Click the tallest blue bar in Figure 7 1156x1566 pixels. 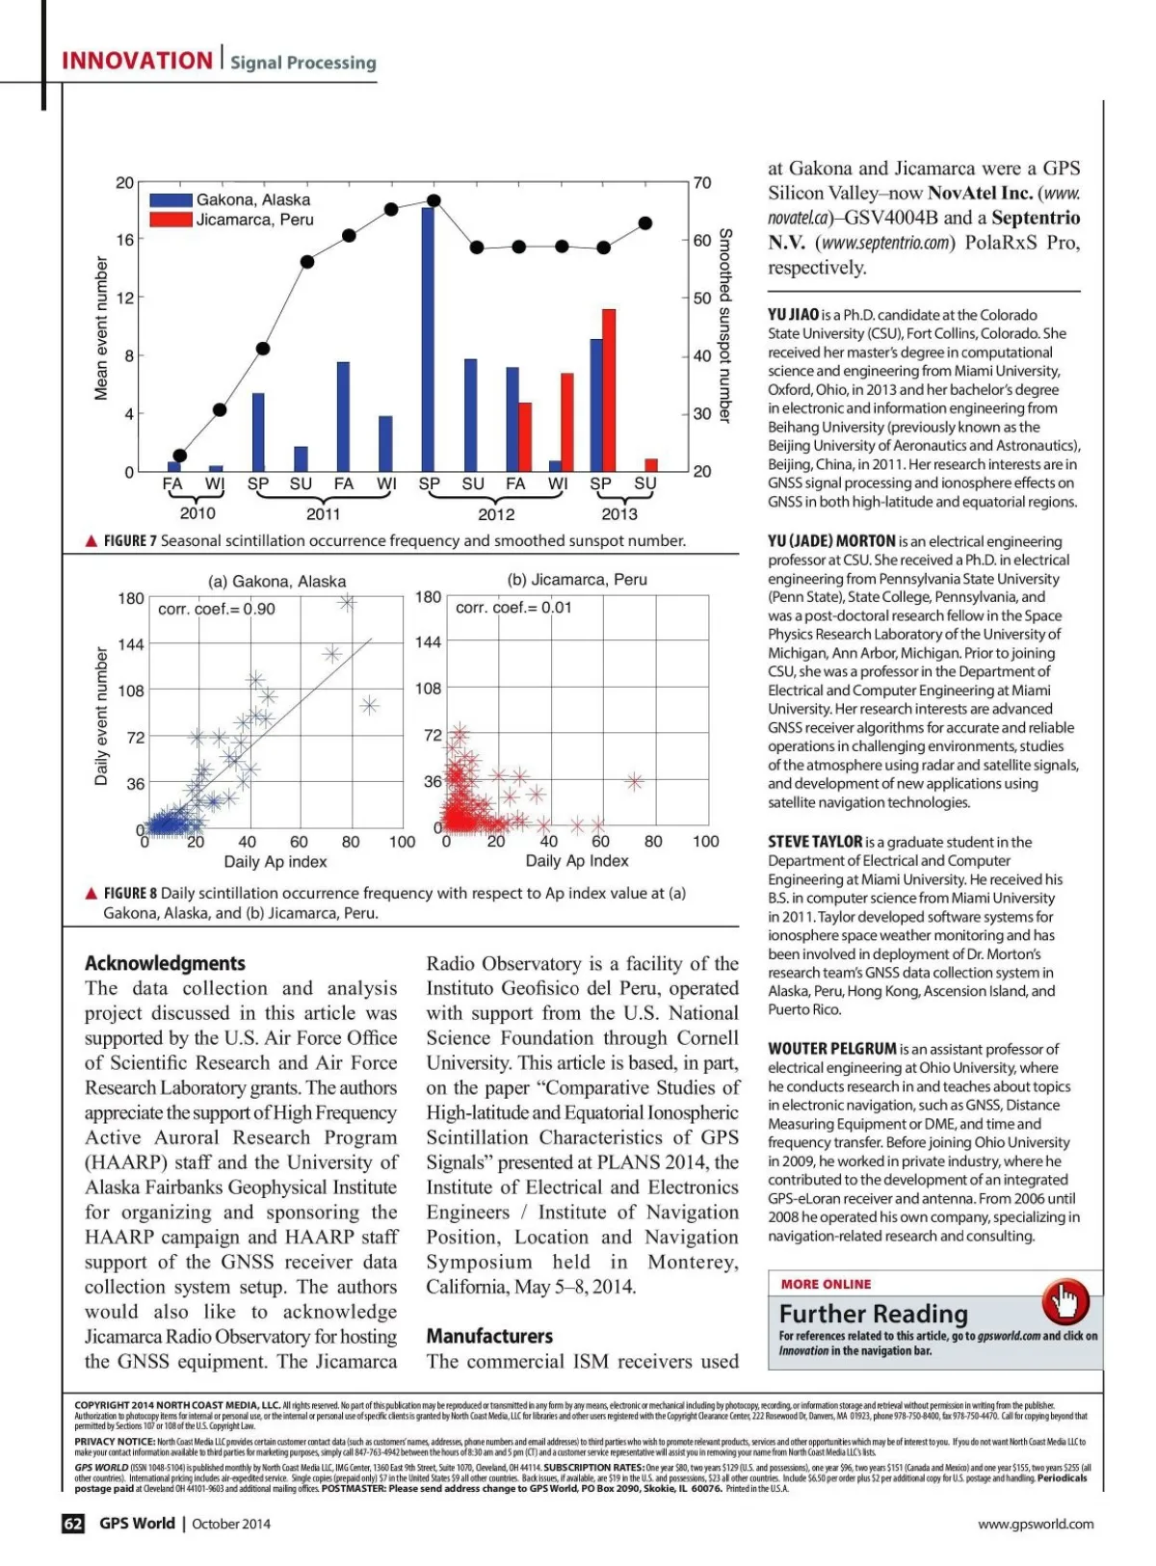coord(428,339)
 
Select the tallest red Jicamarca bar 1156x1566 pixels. coord(608,390)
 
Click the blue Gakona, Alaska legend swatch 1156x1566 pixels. coord(171,200)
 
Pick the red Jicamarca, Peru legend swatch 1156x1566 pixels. coord(171,220)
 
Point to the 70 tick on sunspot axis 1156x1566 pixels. coord(702,183)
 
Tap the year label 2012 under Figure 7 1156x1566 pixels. coord(496,514)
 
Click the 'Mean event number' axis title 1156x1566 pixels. coord(101,327)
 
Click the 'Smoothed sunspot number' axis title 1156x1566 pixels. coord(725,326)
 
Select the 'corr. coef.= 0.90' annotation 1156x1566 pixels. coord(217,609)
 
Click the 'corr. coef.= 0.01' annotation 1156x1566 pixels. coord(513,608)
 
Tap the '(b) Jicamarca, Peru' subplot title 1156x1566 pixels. coord(577,580)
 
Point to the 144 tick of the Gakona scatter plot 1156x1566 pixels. coord(131,644)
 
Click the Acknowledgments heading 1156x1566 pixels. coord(165,963)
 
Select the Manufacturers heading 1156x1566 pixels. coord(489,1336)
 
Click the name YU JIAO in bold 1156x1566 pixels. coord(793,315)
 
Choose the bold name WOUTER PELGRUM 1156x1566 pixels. coord(832,1049)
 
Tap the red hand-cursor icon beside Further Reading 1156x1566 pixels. coord(1065,1302)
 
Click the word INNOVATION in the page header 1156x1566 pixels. coord(137,61)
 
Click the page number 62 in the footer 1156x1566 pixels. coord(73,1524)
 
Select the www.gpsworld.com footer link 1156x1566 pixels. coord(1036,1524)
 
